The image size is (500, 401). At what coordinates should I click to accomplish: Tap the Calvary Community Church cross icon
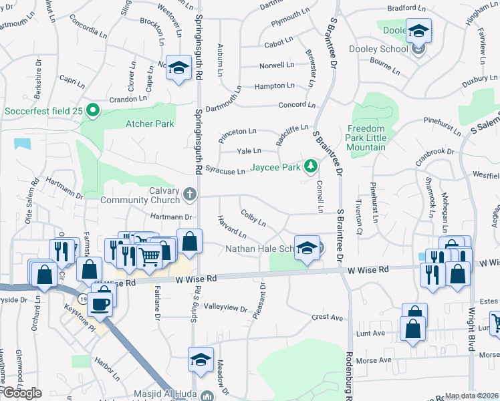point(190,195)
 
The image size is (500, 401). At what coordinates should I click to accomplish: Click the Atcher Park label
point(150,124)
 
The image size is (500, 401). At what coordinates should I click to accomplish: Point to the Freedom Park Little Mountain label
point(366,138)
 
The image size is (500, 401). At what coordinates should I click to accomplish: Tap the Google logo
point(23,393)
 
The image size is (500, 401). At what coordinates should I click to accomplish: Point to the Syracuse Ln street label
point(225,171)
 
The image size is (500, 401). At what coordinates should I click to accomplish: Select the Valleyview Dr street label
point(225,307)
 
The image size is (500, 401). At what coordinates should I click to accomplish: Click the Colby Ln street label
point(253,218)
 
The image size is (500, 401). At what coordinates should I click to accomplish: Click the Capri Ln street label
point(72,81)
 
